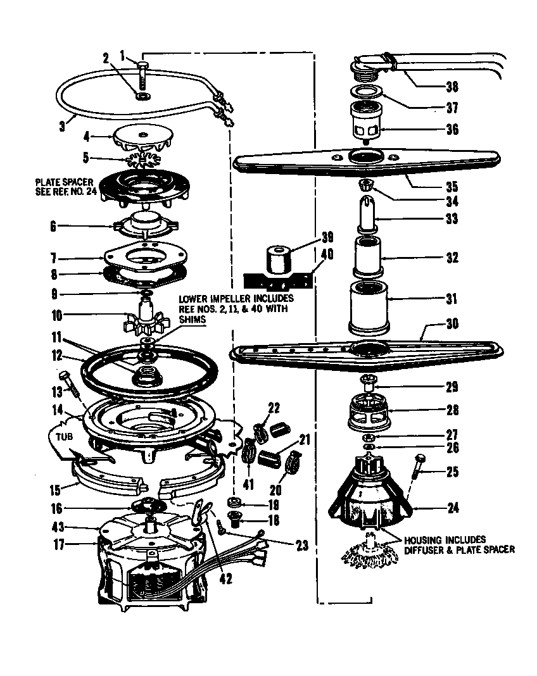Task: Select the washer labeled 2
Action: (142, 96)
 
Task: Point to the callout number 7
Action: (54, 258)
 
